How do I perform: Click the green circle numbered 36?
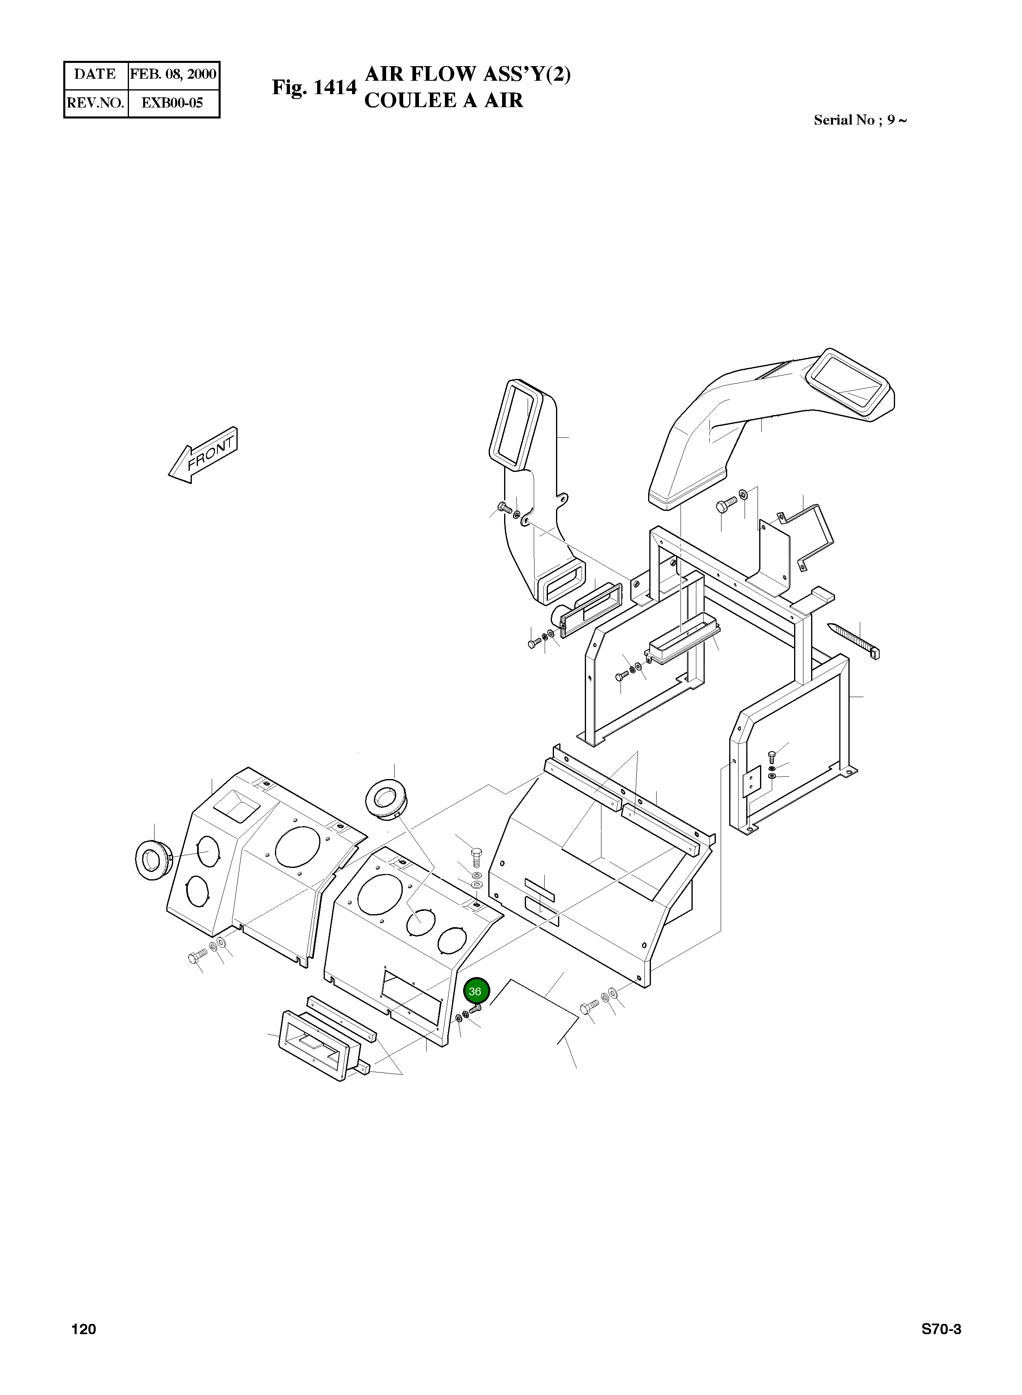coord(476,991)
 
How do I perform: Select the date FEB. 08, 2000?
coord(173,74)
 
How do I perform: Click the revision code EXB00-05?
coord(173,103)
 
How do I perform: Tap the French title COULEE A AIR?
coord(444,100)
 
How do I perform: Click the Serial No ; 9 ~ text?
coord(860,120)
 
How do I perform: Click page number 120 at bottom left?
coord(84,1329)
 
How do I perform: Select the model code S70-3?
coord(941,1329)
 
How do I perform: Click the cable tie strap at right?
coord(853,641)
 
